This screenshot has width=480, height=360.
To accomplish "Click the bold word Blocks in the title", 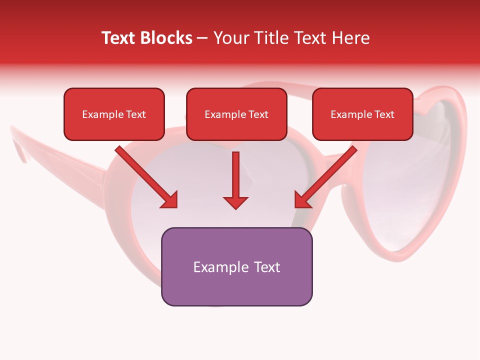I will tap(166, 38).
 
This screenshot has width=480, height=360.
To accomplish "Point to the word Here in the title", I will tap(349, 38).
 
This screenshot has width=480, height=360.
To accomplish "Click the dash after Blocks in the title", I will tap(202, 38).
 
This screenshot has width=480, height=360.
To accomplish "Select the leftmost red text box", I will tap(114, 114).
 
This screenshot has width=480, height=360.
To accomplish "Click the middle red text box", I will tap(236, 114).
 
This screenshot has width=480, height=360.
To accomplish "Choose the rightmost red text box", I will tap(362, 114).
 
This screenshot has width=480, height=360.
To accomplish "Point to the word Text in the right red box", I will tap(384, 114).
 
